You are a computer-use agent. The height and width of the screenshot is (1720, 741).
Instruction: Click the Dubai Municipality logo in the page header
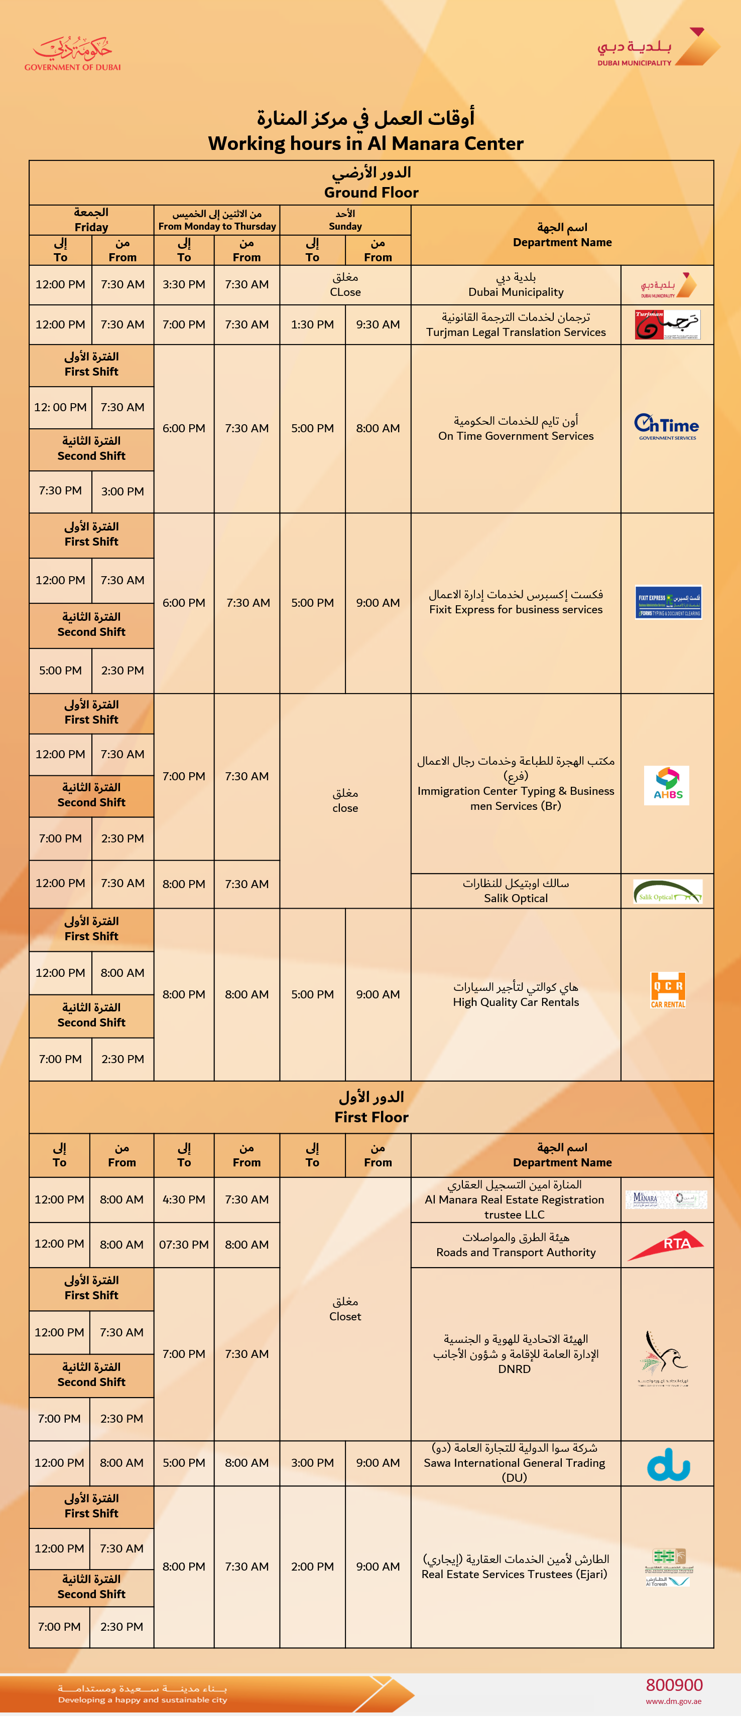point(658,48)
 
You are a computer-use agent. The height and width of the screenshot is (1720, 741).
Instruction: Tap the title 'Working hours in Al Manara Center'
point(365,143)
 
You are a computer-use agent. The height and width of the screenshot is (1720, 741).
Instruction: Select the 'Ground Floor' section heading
point(371,192)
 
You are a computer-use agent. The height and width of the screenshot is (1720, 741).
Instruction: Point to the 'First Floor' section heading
point(371,1117)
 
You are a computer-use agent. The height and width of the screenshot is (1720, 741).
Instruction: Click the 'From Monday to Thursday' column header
point(217,226)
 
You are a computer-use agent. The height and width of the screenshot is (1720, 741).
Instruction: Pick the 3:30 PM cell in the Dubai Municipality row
point(184,284)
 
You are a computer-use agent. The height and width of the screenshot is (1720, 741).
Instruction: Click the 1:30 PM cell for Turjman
point(312,324)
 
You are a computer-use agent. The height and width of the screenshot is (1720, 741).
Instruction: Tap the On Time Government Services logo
point(667,427)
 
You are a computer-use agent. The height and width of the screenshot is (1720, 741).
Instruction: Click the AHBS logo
point(667,785)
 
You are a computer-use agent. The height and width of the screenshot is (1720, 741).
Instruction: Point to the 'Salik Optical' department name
point(515,898)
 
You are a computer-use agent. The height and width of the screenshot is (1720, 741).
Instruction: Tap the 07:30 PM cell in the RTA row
point(184,1245)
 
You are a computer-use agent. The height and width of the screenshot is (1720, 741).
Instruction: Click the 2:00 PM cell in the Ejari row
point(312,1567)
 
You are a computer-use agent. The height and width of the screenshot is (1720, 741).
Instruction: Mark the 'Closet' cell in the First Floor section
point(345,1316)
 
